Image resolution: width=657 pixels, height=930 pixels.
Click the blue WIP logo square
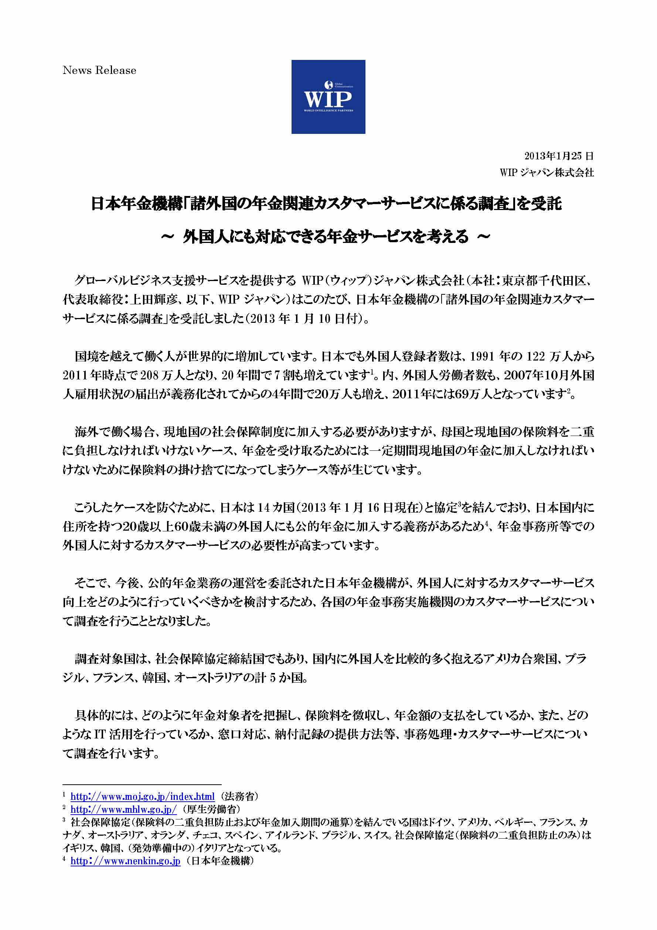coord(328,97)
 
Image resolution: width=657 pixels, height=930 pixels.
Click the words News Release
coord(99,71)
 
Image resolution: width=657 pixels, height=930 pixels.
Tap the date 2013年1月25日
coord(559,156)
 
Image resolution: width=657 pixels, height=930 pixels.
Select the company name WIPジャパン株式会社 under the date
coord(547,173)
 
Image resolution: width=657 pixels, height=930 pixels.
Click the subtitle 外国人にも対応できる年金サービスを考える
coord(326,236)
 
